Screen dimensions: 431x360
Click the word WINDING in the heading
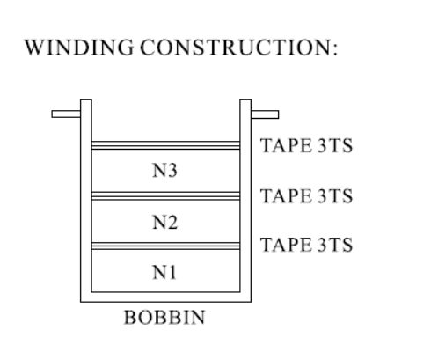point(79,48)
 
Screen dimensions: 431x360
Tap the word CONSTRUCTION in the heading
point(236,48)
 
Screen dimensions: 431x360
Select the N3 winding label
point(164,171)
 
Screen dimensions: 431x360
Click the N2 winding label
point(164,222)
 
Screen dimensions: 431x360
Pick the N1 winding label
point(164,272)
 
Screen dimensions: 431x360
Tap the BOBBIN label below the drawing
point(164,317)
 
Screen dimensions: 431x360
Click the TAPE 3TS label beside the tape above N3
point(306,145)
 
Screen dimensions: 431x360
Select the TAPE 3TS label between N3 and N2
point(306,195)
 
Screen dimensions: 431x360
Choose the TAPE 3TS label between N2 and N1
point(306,245)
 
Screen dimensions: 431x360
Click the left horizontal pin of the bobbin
point(66,114)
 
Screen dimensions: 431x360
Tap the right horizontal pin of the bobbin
point(265,114)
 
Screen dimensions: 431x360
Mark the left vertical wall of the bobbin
point(86,201)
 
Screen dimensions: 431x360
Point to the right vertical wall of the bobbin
point(245,201)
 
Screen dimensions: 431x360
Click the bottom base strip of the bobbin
point(165,297)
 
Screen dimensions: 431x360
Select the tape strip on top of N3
point(165,145)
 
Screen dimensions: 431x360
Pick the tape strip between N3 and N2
point(165,195)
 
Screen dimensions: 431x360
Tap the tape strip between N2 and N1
point(165,246)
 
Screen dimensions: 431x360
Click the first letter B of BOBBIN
point(130,317)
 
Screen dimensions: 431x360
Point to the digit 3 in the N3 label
point(172,171)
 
